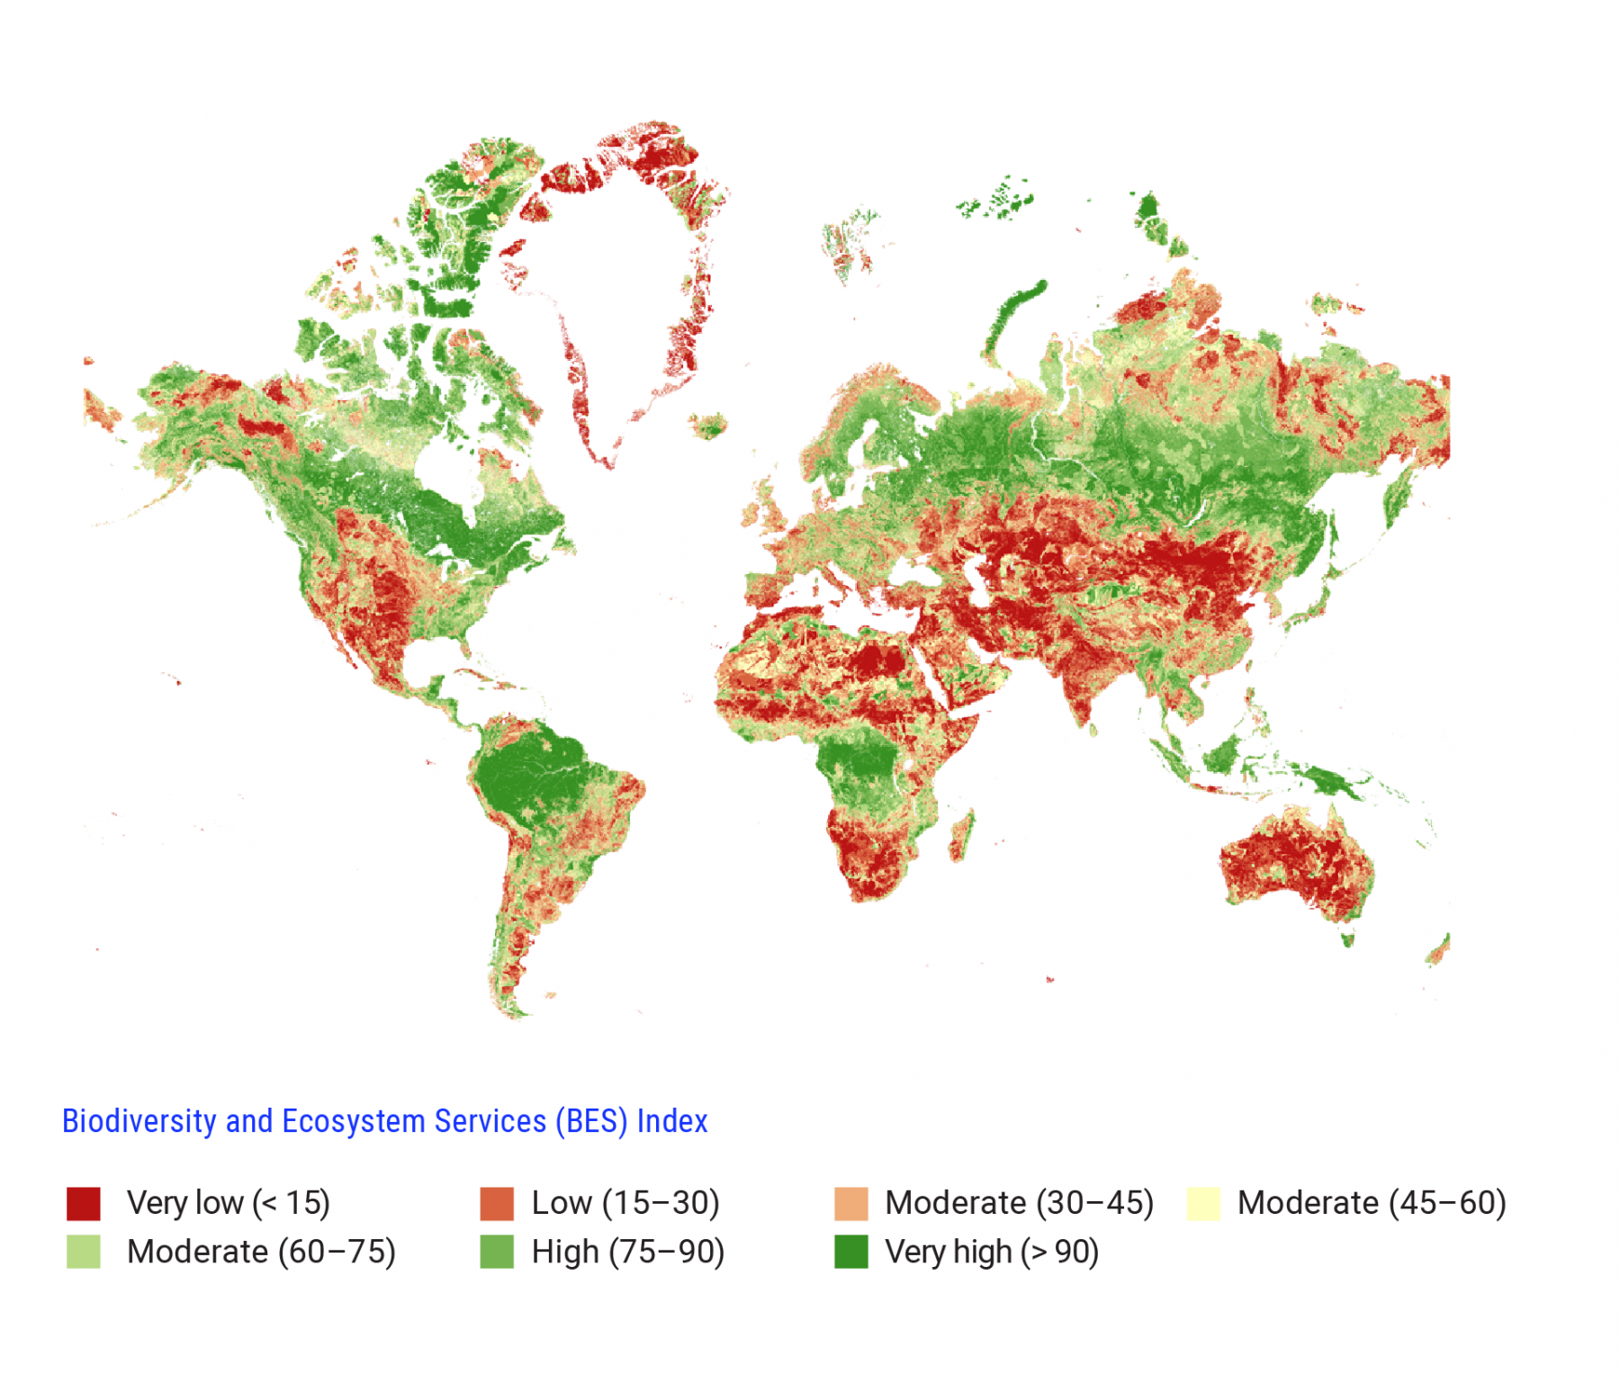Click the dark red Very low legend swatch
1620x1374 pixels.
pyautogui.click(x=83, y=1203)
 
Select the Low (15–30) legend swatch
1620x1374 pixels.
pyautogui.click(x=496, y=1203)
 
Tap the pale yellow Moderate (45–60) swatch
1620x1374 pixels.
pyautogui.click(x=1202, y=1203)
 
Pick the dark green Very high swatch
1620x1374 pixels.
pyautogui.click(x=850, y=1252)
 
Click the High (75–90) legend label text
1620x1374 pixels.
pyautogui.click(x=627, y=1252)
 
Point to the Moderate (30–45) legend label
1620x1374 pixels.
pyautogui.click(x=1019, y=1203)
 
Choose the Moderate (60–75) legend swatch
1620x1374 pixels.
pyautogui.click(x=83, y=1252)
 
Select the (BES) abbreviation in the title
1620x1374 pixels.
pyautogui.click(x=591, y=1121)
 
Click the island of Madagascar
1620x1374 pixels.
pyautogui.click(x=961, y=835)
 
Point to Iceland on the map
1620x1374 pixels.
pyautogui.click(x=710, y=425)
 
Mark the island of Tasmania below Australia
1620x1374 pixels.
pyautogui.click(x=1347, y=939)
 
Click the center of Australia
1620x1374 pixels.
pyautogui.click(x=1296, y=859)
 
